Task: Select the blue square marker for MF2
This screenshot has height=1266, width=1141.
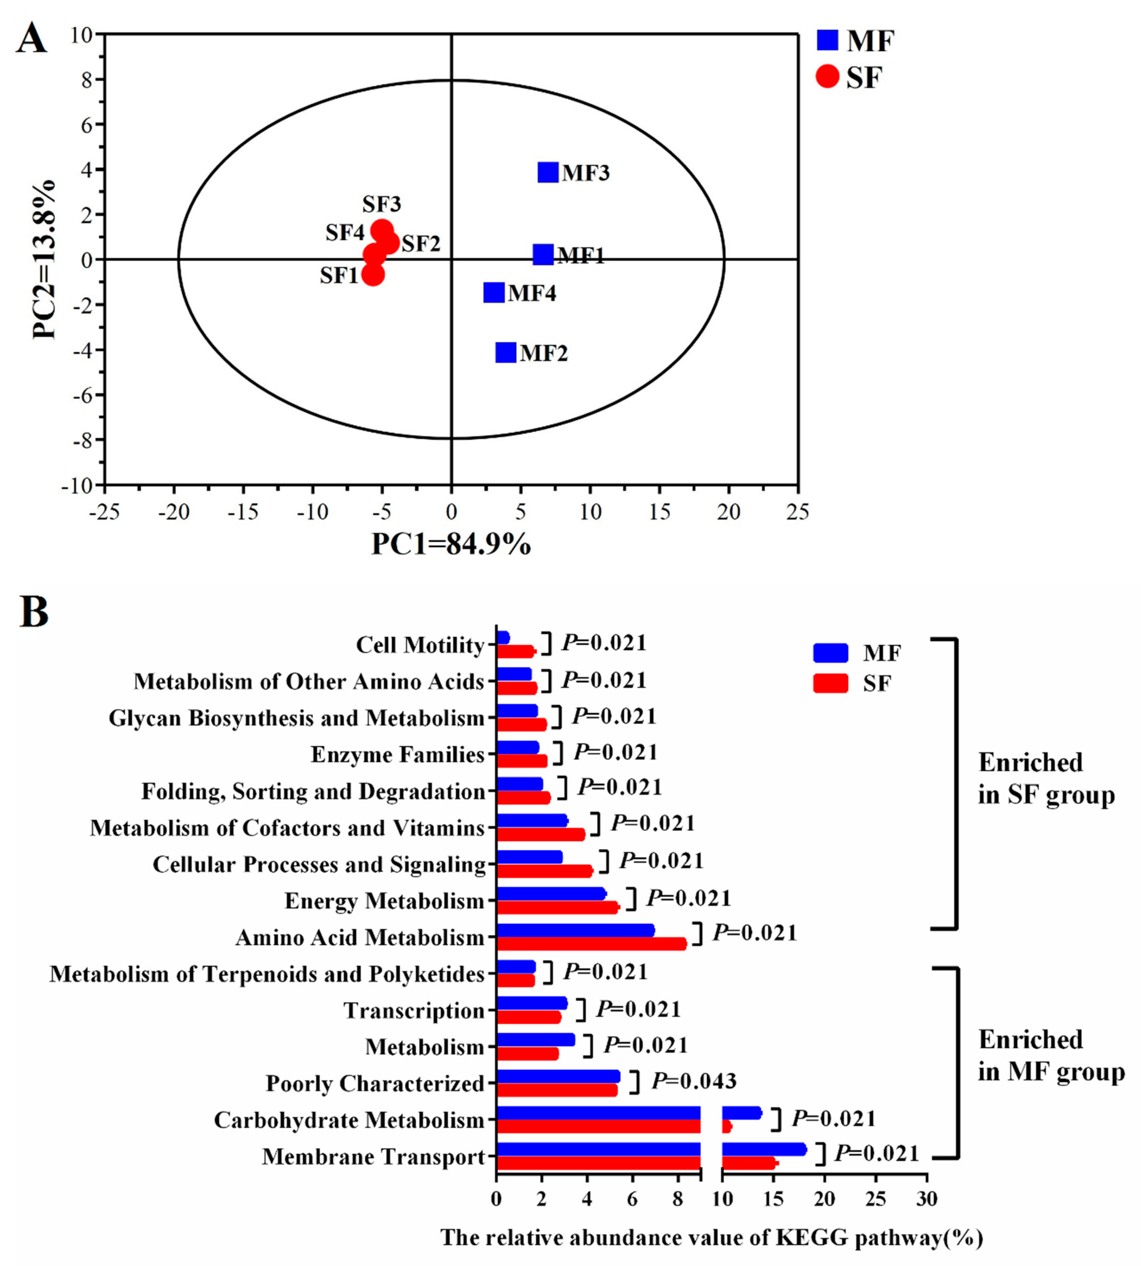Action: [x=505, y=352]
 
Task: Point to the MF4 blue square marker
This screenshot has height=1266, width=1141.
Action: [x=493, y=292]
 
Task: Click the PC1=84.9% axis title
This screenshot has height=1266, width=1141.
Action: [x=451, y=544]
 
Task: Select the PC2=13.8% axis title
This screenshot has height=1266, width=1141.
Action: [x=45, y=259]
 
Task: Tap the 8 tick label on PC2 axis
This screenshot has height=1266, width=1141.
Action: [x=86, y=80]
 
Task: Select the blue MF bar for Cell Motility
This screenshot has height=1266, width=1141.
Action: [x=503, y=637]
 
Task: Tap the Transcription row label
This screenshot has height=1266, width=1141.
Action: [x=414, y=1011]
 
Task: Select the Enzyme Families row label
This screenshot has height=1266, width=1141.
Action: [x=397, y=754]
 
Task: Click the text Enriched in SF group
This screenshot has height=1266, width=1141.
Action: [x=1046, y=778]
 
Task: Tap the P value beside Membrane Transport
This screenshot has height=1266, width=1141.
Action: [x=876, y=1153]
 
